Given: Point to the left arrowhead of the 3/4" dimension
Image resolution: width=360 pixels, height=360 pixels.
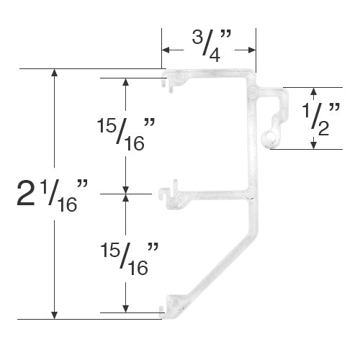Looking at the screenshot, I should click(x=166, y=50).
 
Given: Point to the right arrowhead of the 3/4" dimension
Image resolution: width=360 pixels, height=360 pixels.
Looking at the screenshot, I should click(x=253, y=50).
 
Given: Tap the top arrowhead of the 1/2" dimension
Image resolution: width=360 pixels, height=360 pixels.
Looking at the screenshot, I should click(x=313, y=92).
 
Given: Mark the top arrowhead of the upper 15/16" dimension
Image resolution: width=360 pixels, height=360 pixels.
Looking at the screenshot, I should click(x=126, y=82).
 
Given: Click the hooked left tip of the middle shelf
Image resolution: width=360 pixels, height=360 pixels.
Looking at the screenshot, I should click(x=164, y=192).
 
